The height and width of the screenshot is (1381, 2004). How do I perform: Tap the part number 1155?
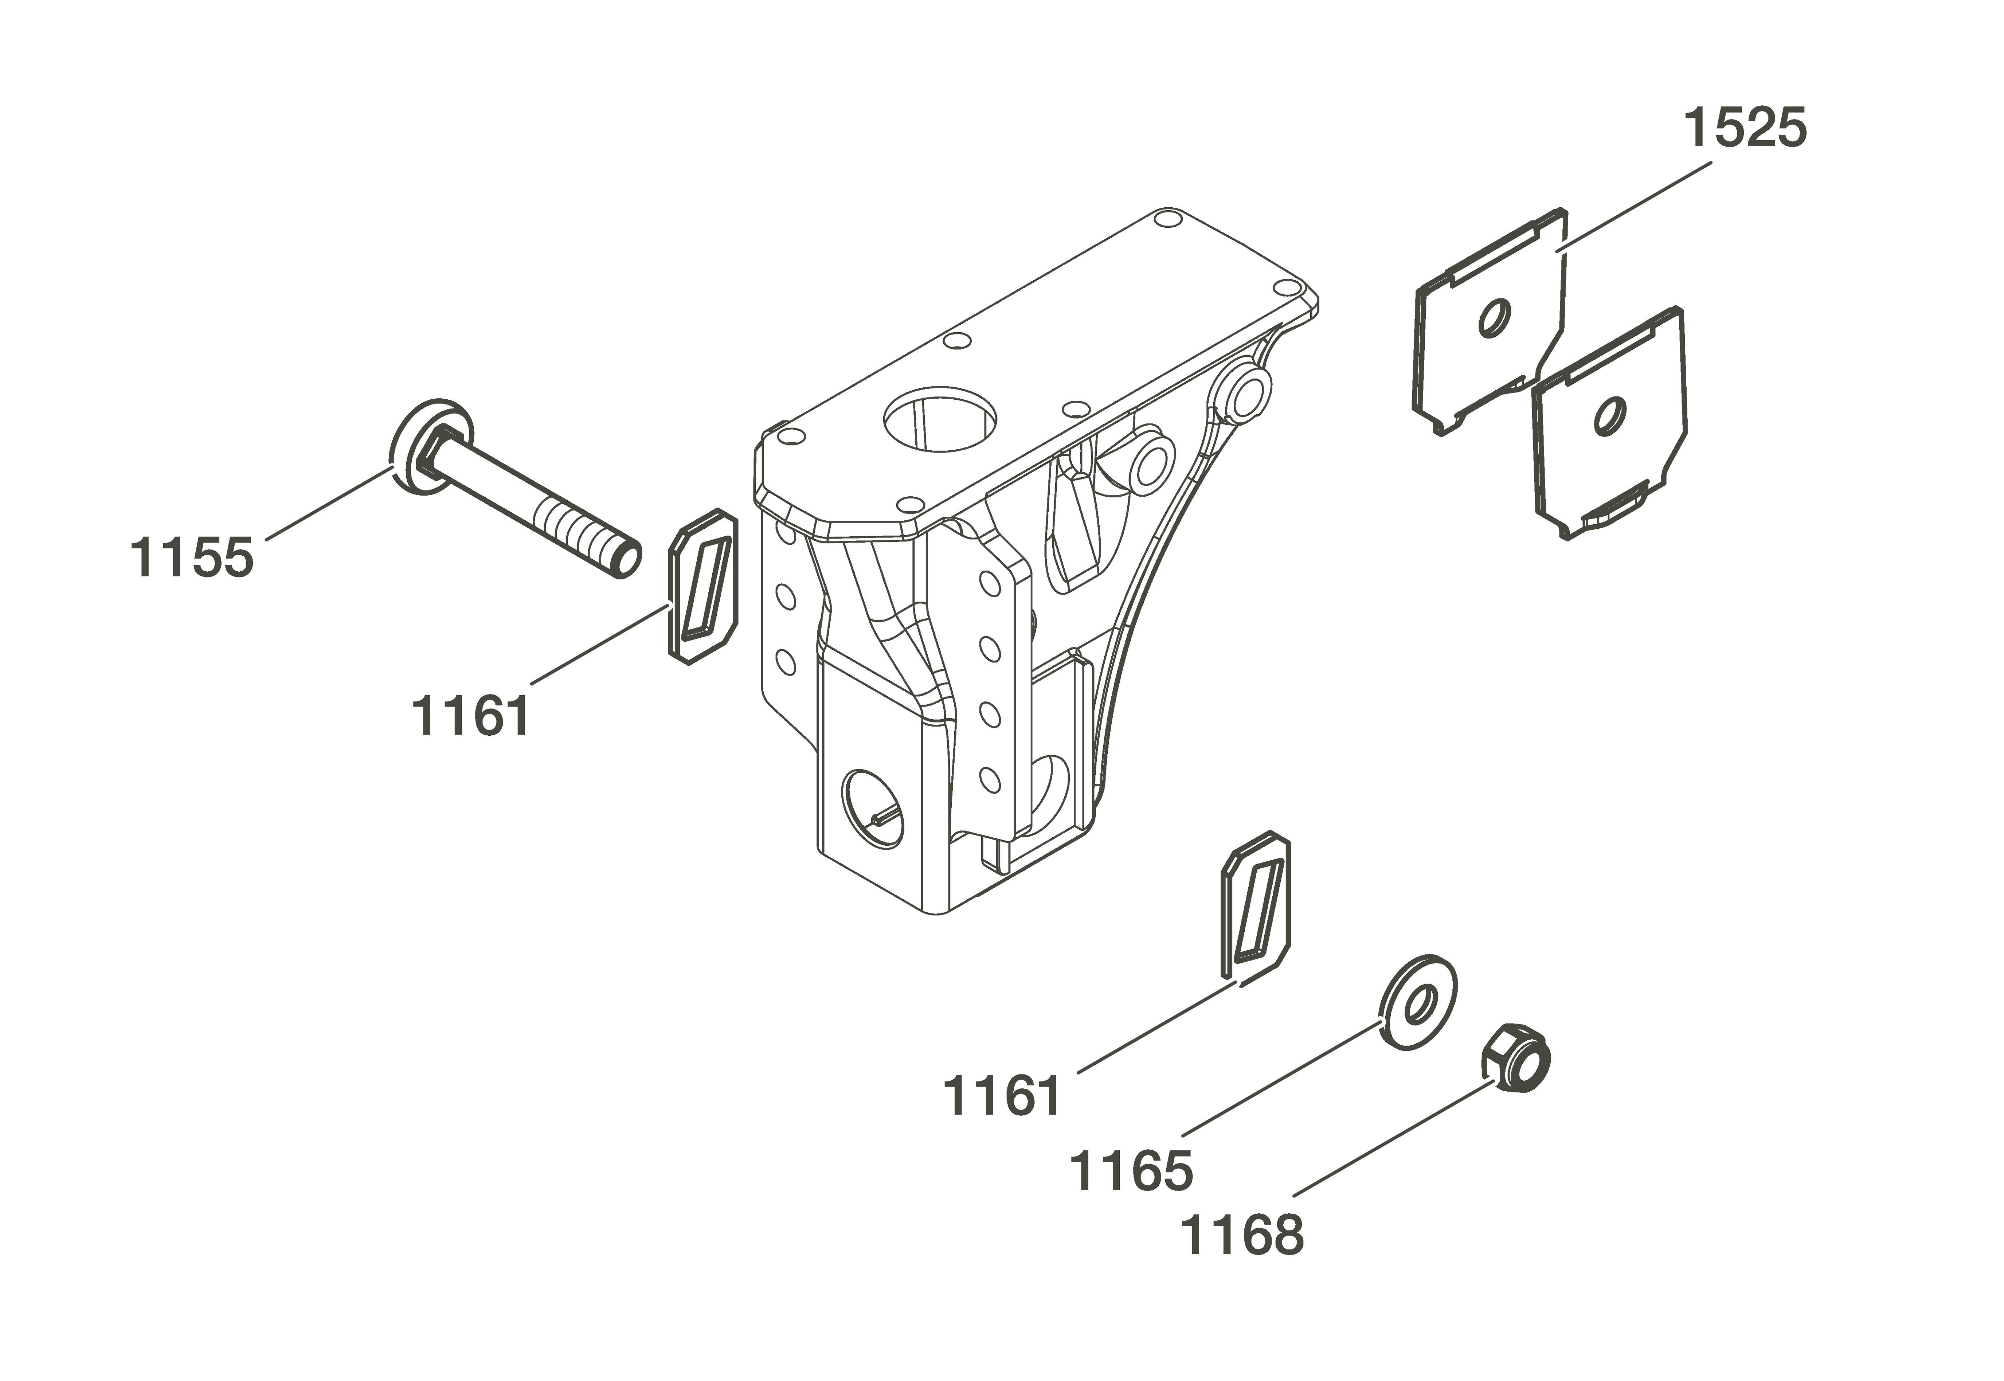192,557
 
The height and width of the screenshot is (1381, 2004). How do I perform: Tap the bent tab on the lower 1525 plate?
1614,506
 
